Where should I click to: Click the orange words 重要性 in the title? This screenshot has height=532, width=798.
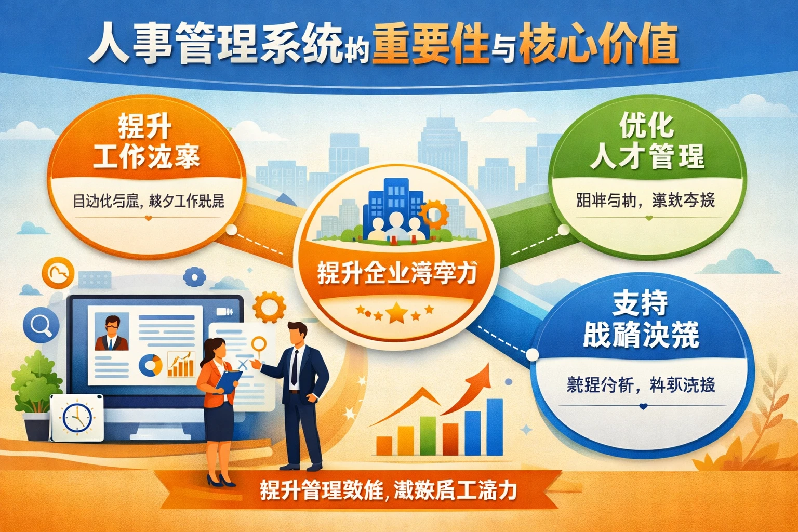430,45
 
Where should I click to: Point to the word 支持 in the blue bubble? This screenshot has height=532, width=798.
640,303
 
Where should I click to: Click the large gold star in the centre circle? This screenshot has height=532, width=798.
397,312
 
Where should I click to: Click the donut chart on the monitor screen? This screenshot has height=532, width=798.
150,365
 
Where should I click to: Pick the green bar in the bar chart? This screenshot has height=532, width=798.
428,435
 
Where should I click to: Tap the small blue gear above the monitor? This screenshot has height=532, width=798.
194,276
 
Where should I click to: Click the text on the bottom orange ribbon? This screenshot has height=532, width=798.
389,490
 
